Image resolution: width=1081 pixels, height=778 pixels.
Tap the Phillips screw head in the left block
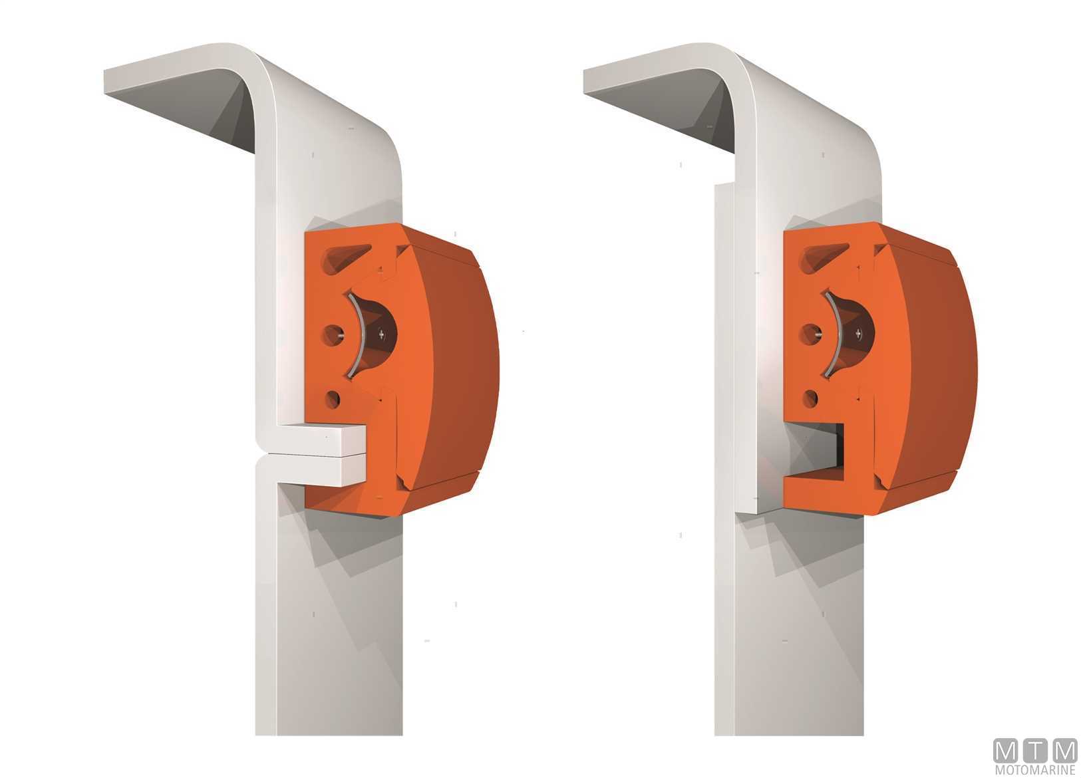coord(382,334)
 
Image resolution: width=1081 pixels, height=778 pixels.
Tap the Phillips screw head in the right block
coord(859,332)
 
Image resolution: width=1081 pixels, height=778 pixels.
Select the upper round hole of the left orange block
coord(333,334)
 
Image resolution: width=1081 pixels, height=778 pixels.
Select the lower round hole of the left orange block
coord(333,399)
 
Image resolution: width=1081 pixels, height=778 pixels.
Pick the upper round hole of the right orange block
coord(811,334)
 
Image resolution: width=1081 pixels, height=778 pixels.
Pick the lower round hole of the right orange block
coord(810,398)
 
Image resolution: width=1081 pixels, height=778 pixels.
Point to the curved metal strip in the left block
coord(359,334)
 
